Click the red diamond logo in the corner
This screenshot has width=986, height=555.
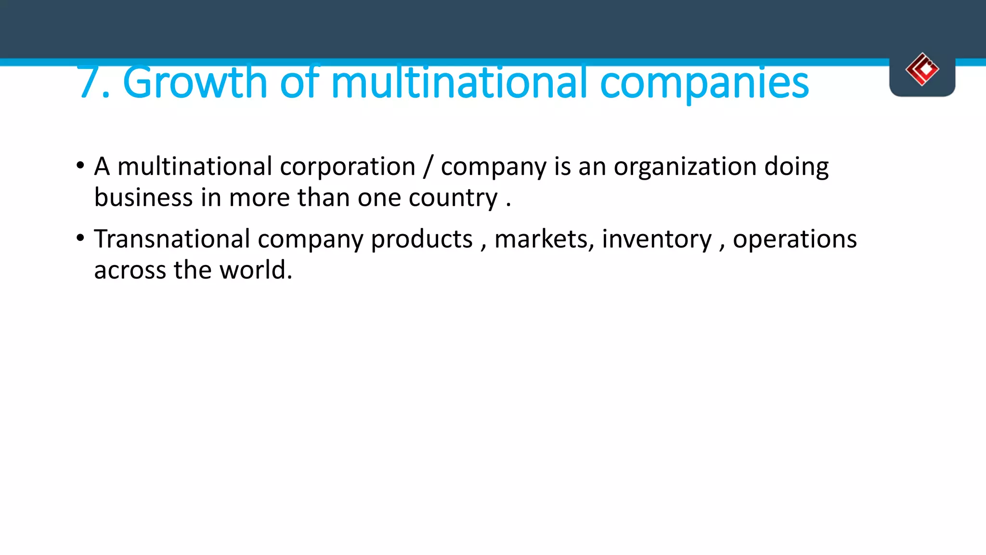tap(922, 69)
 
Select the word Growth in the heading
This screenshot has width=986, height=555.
tap(195, 83)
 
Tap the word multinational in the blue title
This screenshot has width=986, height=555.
tap(459, 83)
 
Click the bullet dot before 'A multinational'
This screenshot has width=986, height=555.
tap(80, 166)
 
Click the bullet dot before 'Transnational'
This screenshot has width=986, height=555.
tap(80, 238)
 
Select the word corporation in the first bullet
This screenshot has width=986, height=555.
tap(347, 167)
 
